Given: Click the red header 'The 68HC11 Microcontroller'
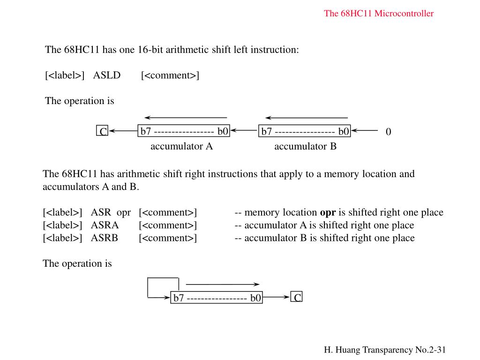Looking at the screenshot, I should [379, 13].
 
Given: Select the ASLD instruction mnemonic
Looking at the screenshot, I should [107, 75].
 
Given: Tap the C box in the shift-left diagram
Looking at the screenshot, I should [102, 131].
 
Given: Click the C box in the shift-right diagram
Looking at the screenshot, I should [297, 297].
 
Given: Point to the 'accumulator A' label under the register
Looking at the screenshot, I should [181, 146].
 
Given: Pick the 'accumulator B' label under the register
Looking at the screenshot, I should [305, 146].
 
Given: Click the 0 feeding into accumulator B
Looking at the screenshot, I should [388, 132].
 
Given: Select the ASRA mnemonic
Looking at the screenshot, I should [105, 225].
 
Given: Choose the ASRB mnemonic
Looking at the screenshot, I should [105, 238].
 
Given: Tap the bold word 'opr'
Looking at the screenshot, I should [328, 212].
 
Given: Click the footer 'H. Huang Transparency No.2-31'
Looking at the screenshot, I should [384, 350].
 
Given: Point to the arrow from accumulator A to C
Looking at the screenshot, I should [123, 131].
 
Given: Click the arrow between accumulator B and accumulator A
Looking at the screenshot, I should [244, 131].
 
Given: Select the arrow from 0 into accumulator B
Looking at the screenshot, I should [365, 131].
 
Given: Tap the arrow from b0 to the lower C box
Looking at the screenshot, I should [277, 297].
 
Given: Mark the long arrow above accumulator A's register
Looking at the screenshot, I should [186, 117].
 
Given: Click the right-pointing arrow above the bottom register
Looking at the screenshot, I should [223, 284].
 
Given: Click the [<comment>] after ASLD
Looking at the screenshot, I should [170, 75].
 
